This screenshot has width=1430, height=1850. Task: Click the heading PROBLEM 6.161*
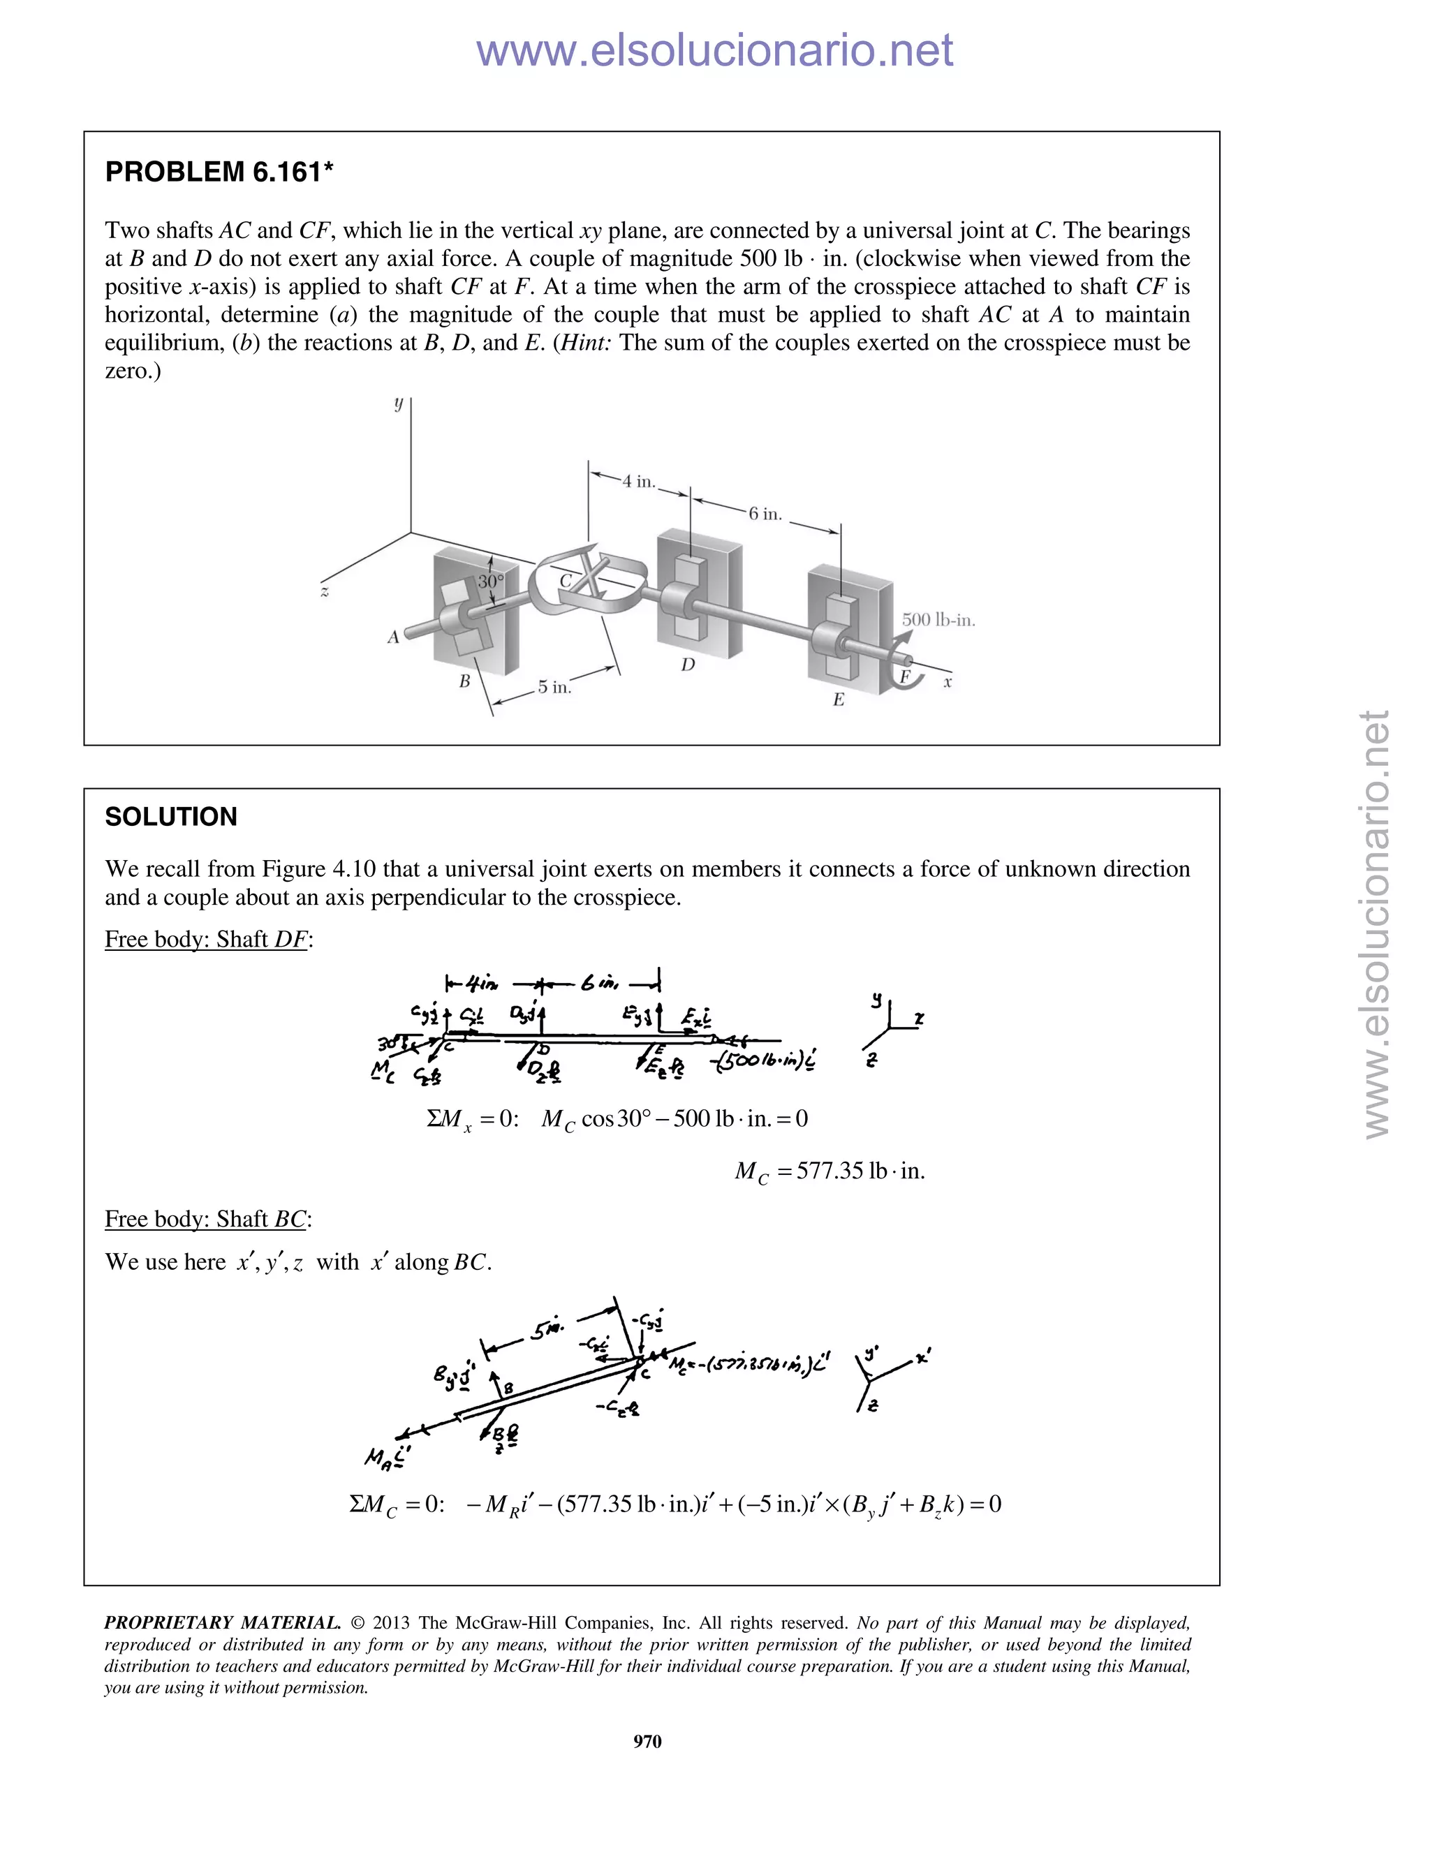pyautogui.click(x=219, y=172)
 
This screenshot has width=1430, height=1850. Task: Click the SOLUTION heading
pyautogui.click(x=171, y=817)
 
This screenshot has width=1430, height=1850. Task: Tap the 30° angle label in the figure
pyautogui.click(x=489, y=582)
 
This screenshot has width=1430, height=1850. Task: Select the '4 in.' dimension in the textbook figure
pyautogui.click(x=638, y=481)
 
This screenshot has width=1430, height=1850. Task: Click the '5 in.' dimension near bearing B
pyautogui.click(x=555, y=687)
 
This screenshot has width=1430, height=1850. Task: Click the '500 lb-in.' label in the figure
pyautogui.click(x=938, y=619)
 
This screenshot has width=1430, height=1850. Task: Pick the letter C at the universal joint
pyautogui.click(x=565, y=581)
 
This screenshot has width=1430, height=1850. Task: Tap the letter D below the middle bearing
pyautogui.click(x=688, y=665)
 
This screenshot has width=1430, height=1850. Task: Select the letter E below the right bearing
pyautogui.click(x=839, y=700)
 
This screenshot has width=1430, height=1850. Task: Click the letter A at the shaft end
pyautogui.click(x=393, y=637)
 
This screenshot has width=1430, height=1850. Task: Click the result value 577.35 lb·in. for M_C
pyautogui.click(x=830, y=1171)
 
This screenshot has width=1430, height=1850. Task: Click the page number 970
pyautogui.click(x=647, y=1740)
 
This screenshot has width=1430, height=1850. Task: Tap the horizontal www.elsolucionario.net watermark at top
pyautogui.click(x=714, y=51)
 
